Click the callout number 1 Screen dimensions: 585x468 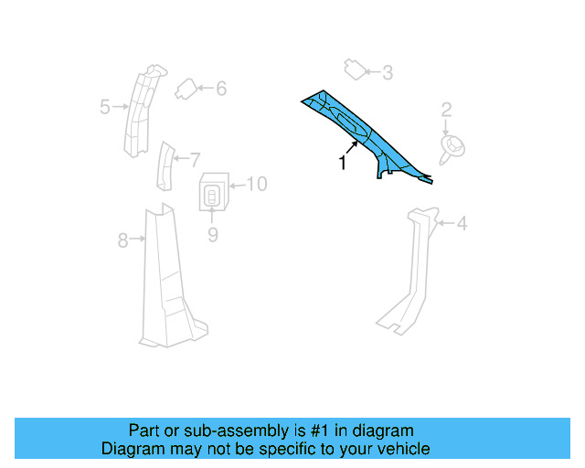point(342,164)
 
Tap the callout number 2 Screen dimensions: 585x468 point(447,111)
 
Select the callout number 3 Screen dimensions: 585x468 point(388,72)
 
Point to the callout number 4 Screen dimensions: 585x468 point(462,223)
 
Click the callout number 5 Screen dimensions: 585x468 point(104,107)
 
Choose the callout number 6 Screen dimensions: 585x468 point(220,89)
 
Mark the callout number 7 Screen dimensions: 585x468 point(194,158)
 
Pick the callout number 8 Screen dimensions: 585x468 point(122,241)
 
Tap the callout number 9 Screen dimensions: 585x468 point(212,235)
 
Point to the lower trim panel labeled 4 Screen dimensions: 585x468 point(409,274)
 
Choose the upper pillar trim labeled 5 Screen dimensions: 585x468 point(139,110)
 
